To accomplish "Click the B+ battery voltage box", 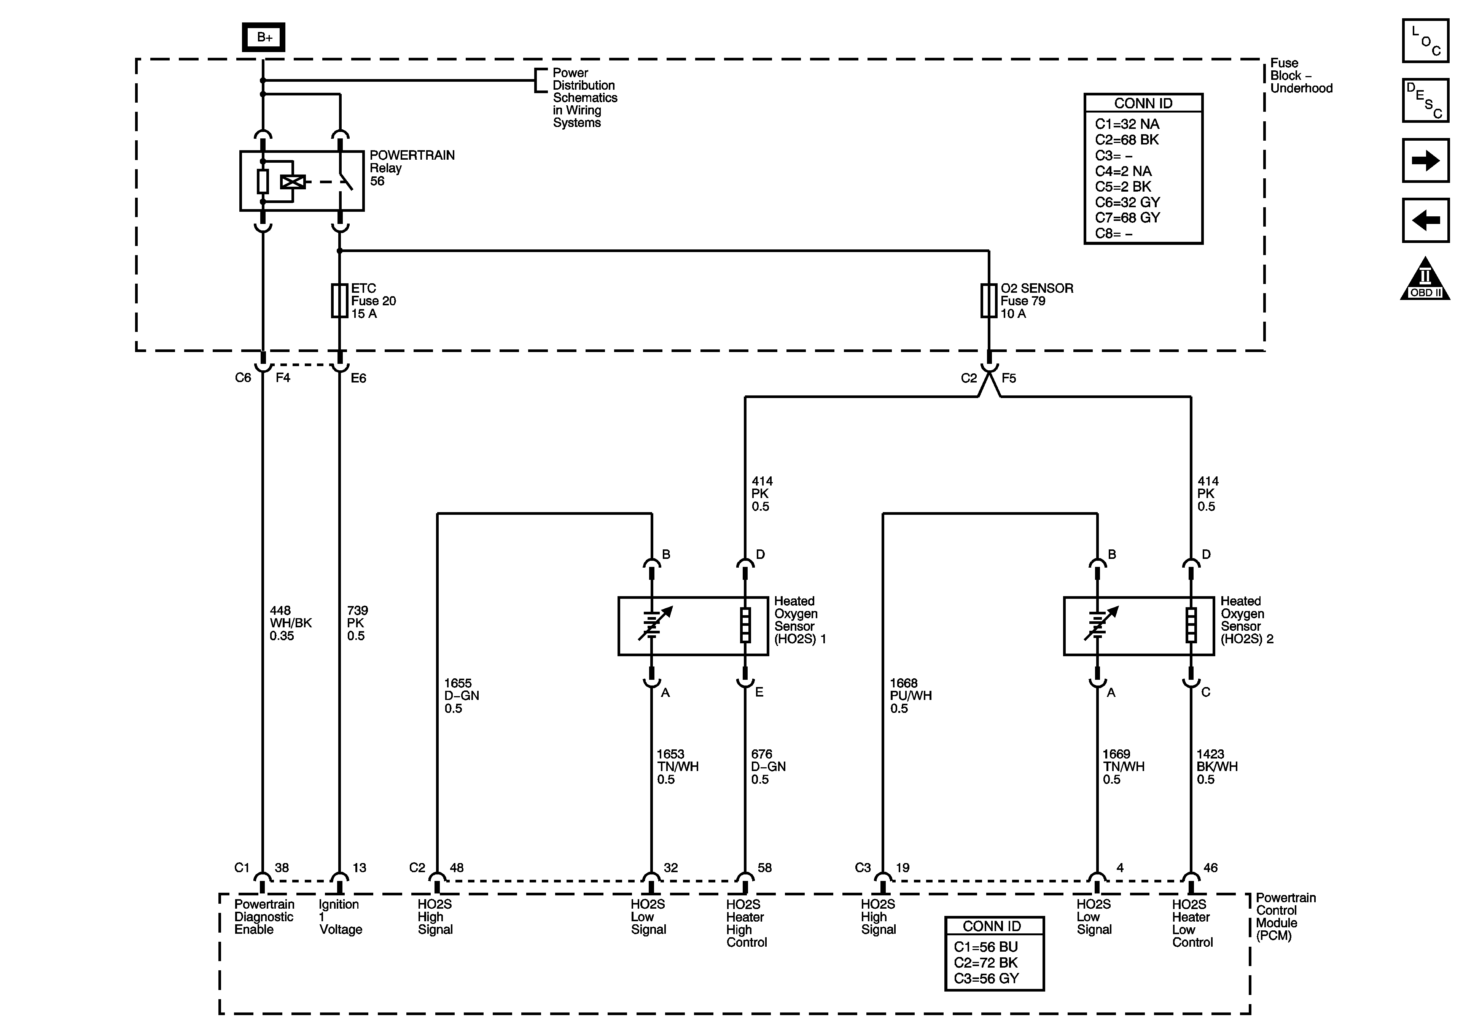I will pyautogui.click(x=263, y=37).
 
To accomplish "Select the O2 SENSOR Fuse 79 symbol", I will pyautogui.click(x=988, y=300).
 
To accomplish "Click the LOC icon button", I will pyautogui.click(x=1425, y=41).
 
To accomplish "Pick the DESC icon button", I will pyautogui.click(x=1425, y=101).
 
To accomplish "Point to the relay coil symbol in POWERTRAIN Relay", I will pyautogui.click(x=293, y=182).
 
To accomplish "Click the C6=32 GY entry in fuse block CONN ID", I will pyautogui.click(x=1127, y=202).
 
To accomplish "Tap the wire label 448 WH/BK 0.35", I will pyautogui.click(x=290, y=623).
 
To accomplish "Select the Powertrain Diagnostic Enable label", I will pyautogui.click(x=264, y=917).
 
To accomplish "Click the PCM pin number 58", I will pyautogui.click(x=764, y=868).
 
